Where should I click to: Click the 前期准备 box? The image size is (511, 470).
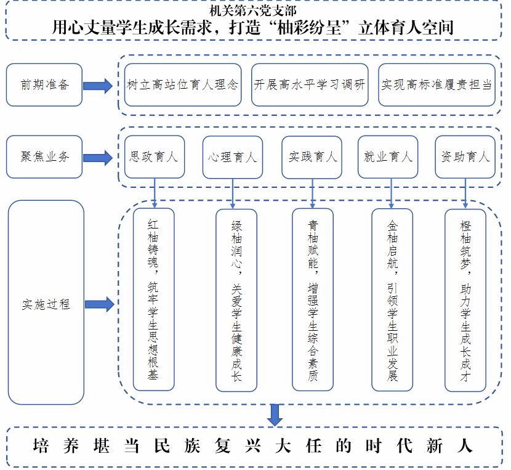[x=44, y=84]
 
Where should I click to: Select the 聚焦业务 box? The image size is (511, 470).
[x=44, y=156]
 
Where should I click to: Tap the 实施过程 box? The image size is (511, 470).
[x=46, y=302]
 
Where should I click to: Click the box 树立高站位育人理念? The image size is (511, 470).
[x=182, y=84]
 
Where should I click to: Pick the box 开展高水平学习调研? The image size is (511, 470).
[x=310, y=84]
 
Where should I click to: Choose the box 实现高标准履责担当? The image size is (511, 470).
[x=437, y=84]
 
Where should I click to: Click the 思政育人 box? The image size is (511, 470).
[x=154, y=156]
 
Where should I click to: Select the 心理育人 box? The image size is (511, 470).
[x=232, y=156]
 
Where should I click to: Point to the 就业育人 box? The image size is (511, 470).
[x=388, y=156]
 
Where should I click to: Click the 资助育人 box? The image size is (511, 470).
[x=465, y=156]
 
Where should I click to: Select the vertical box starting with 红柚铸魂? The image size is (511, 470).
[x=153, y=299]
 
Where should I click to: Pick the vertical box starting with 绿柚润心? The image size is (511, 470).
[x=236, y=299]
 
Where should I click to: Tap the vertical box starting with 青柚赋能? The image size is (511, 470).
[x=313, y=299]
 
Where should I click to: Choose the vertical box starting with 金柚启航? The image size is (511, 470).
[x=392, y=299]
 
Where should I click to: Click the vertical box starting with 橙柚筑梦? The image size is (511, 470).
[x=465, y=299]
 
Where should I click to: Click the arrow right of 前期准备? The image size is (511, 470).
[x=98, y=85]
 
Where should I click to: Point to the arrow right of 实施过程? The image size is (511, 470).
[x=99, y=304]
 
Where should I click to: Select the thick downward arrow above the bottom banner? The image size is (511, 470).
[x=275, y=414]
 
